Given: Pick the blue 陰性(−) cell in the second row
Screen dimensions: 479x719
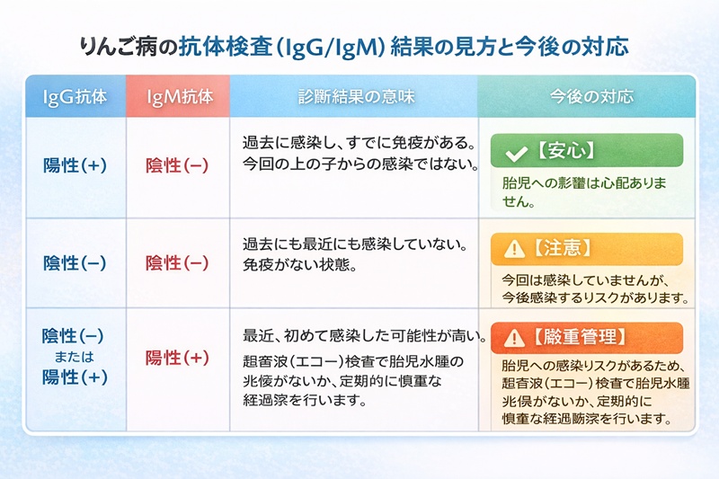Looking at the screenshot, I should click(75, 262).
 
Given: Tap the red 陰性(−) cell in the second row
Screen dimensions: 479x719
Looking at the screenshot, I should click(178, 262).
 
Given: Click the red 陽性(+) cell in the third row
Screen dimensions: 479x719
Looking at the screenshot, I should click(178, 357).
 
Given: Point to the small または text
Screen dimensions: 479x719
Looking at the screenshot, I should click(75, 357).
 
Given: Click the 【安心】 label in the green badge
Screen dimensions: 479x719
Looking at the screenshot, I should click(565, 151).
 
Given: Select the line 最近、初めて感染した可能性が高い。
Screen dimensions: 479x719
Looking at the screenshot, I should click(365, 338).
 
